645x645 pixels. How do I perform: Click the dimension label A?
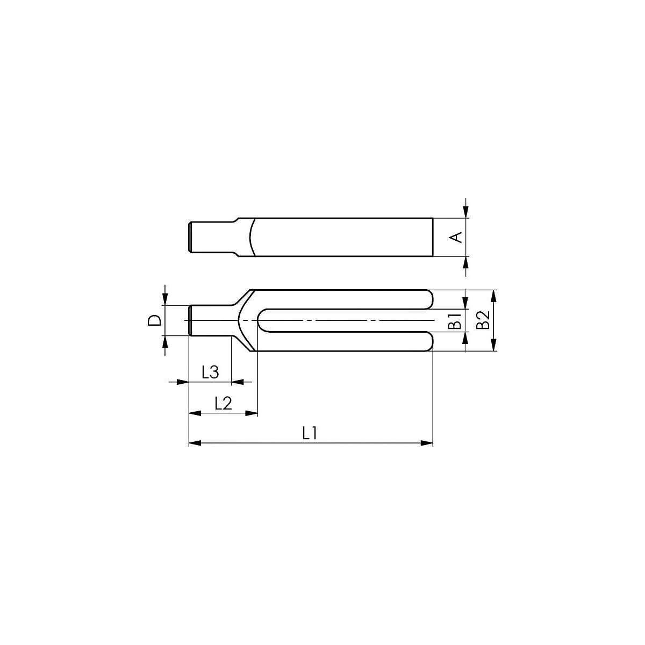(455, 237)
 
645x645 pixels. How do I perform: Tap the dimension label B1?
(455, 320)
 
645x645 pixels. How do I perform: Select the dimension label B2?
(483, 320)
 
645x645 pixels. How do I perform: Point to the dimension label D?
(154, 320)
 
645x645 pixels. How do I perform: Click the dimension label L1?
(310, 433)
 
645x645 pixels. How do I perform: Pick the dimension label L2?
(223, 403)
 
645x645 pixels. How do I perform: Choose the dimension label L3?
(210, 372)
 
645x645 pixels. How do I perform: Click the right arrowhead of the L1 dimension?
(426, 443)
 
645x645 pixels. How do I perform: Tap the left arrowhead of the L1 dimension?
(195, 443)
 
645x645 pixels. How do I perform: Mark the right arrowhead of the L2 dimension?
(252, 413)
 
